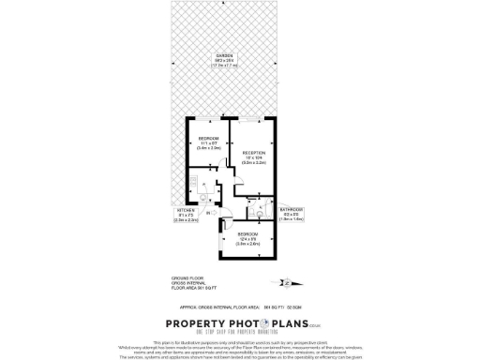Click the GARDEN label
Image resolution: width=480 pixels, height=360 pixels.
click(223, 55)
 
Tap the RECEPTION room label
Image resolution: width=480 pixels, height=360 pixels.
click(255, 152)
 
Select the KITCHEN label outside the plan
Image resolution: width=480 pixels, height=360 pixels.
click(185, 210)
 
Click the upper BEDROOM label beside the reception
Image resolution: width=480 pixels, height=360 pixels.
click(208, 138)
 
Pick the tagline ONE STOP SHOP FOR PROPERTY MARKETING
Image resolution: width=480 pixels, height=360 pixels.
click(240, 334)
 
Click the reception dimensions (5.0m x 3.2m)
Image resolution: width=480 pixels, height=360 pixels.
click(255, 163)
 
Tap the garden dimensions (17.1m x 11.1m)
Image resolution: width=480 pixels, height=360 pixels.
click(223, 66)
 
